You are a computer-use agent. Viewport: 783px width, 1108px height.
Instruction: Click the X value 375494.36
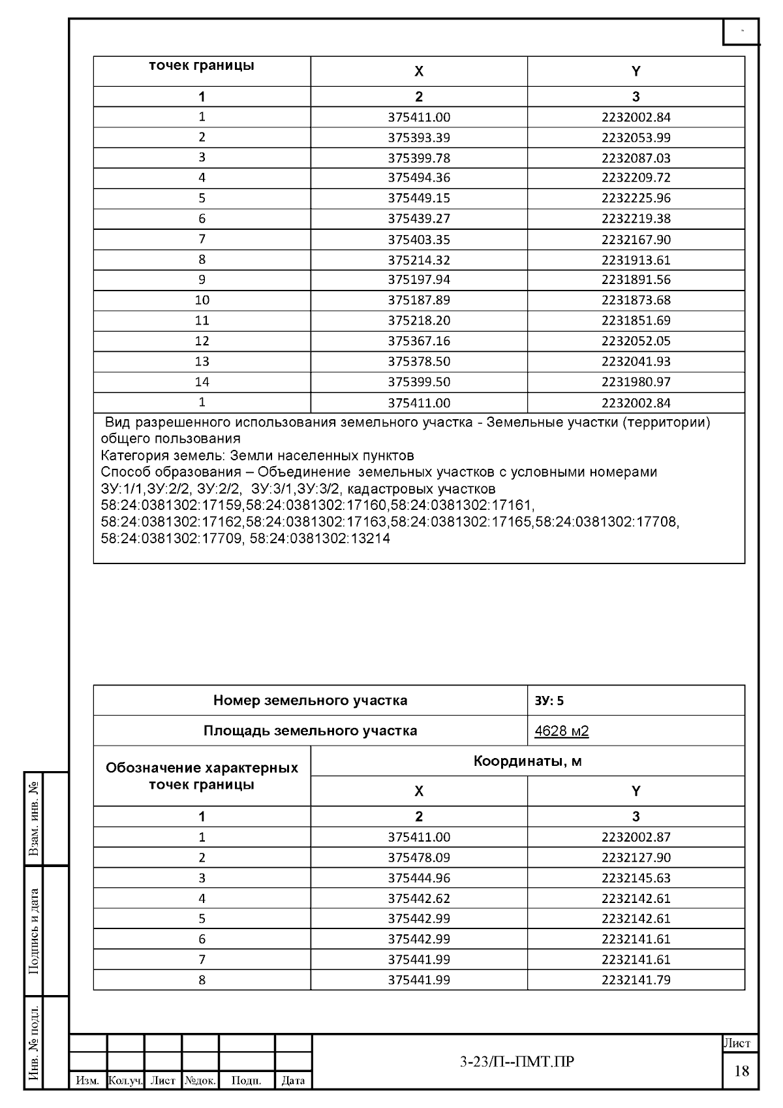pos(419,178)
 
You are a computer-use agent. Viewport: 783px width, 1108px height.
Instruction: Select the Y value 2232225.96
pos(636,198)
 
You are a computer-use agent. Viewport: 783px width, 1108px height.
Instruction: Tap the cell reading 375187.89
pos(419,300)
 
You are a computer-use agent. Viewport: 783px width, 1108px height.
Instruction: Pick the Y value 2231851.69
pos(636,321)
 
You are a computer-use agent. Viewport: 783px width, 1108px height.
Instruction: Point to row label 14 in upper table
pos(202,382)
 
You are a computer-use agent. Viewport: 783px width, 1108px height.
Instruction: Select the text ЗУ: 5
pos(549,701)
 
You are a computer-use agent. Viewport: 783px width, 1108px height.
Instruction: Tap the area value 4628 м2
pos(561,731)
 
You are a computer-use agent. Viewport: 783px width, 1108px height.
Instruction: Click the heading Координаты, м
pos(527,761)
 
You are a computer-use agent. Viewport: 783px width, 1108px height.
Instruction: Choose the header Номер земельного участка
pos(310,701)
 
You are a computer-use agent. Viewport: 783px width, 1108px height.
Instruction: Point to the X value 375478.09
pos(419,857)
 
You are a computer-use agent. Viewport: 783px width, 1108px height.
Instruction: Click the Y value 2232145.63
pos(636,878)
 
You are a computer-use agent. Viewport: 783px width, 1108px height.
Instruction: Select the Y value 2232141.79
pos(636,980)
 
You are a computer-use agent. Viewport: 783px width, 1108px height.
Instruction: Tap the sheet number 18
pos(741,1071)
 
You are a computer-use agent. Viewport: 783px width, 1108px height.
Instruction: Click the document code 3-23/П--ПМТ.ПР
pos(517,1062)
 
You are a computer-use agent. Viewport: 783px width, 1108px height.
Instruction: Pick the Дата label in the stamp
pos(293,1081)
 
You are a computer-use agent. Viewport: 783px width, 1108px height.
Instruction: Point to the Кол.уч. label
pos(125,1081)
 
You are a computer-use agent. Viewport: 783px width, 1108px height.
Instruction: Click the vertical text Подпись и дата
pos(34,931)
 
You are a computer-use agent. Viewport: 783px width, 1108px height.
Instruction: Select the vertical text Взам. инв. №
pos(34,819)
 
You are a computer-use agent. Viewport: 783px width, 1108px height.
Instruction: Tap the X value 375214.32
pos(419,260)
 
